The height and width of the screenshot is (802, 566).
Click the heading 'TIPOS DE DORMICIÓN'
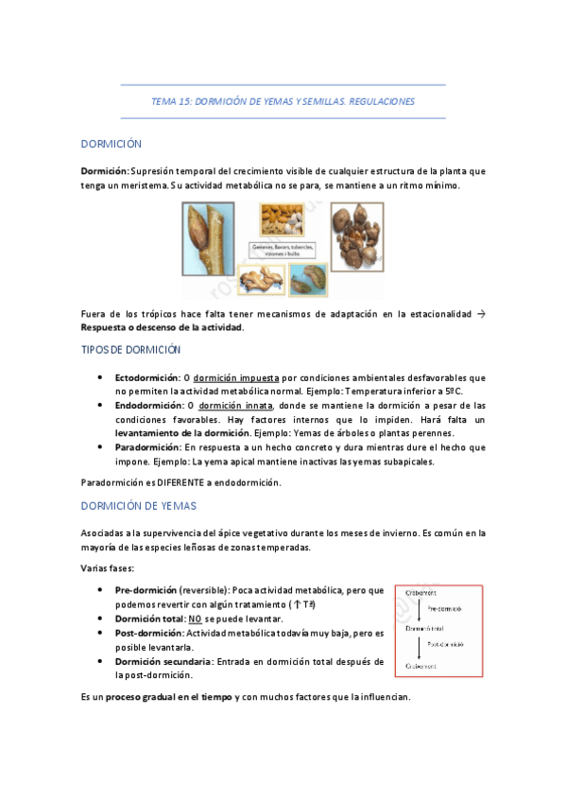point(129,350)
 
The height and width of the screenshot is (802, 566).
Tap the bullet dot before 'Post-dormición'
point(101,633)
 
